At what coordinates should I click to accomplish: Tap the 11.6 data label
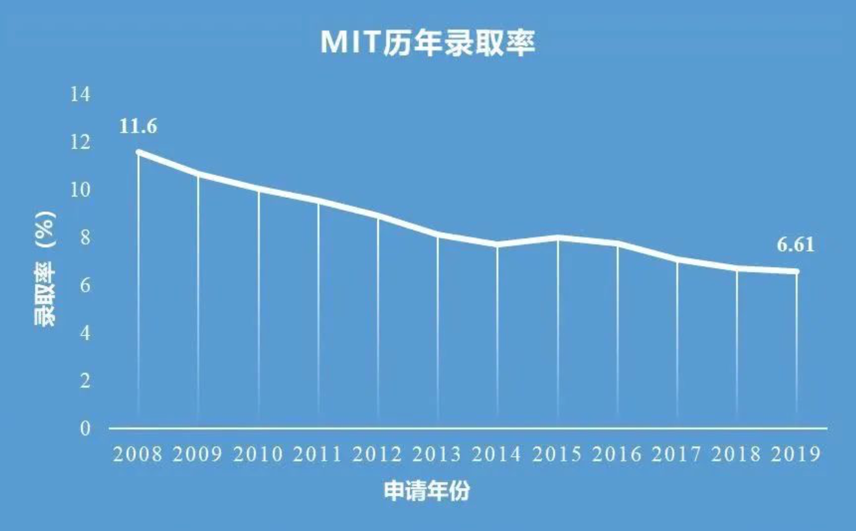point(138,126)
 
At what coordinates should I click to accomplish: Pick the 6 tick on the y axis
point(85,286)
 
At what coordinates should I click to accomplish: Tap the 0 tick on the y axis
point(85,428)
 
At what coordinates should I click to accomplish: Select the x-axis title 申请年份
point(427,491)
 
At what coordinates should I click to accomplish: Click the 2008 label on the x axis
point(138,454)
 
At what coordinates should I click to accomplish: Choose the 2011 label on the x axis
point(317,454)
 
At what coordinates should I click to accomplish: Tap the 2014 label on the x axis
point(498,454)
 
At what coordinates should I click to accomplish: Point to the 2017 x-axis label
point(677,454)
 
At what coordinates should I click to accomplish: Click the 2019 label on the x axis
point(797,454)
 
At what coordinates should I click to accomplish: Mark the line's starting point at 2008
point(139,152)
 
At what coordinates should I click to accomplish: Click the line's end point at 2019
point(797,271)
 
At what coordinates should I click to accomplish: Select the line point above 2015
point(558,238)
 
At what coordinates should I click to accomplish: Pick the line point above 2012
point(378,215)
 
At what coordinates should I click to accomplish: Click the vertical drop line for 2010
point(258,306)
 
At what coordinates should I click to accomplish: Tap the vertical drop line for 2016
point(618,332)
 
